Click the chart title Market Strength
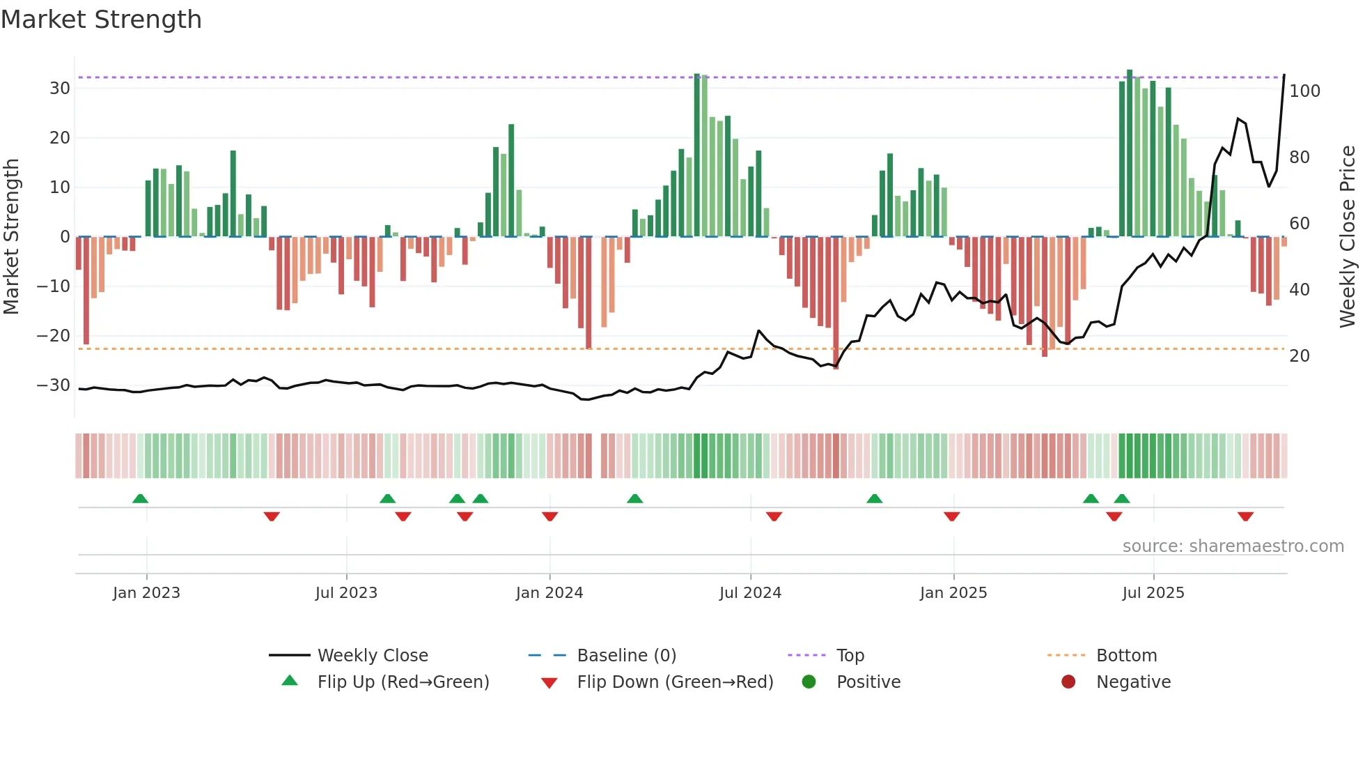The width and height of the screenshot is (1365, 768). tap(101, 20)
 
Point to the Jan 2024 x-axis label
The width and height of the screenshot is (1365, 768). tap(549, 593)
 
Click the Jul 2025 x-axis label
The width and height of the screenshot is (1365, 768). tap(1153, 593)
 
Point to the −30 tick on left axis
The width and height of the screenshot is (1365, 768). tap(54, 385)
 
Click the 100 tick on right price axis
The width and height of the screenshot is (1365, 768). tap(1304, 91)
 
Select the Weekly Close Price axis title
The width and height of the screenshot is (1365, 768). tap(1348, 237)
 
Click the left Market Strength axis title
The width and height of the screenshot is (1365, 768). tap(12, 237)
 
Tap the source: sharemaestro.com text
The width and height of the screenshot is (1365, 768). tap(1233, 546)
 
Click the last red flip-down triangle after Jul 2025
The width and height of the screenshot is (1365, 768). tap(1245, 516)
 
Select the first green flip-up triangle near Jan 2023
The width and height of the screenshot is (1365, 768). tap(140, 498)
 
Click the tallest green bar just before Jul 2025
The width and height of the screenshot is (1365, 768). tap(1130, 153)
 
